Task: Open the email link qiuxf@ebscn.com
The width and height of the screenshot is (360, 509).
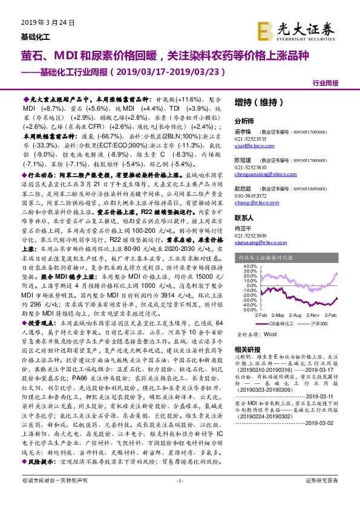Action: point(253,145)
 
